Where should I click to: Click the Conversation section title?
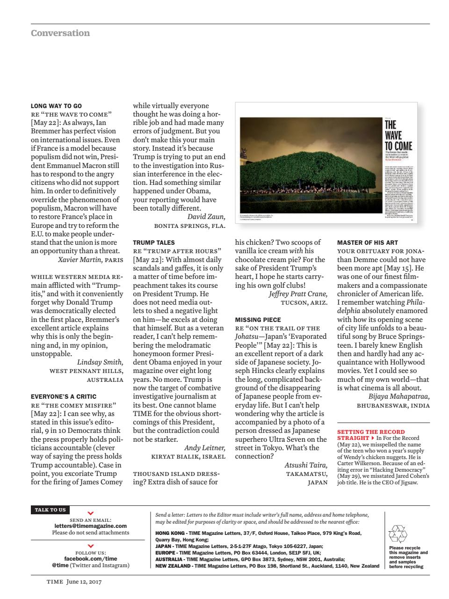tap(60, 33)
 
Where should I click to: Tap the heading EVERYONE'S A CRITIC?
tap(64, 396)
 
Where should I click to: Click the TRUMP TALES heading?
tap(154, 242)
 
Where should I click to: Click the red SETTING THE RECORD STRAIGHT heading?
tap(370, 435)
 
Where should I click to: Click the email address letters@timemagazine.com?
tap(91, 526)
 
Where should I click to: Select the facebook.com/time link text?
tap(91, 558)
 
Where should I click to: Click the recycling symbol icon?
tap(398, 533)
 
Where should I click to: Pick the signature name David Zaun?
tap(206, 217)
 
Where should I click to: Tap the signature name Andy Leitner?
tap(204, 447)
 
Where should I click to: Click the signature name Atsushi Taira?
tap(306, 465)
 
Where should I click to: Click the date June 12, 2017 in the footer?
tap(84, 582)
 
